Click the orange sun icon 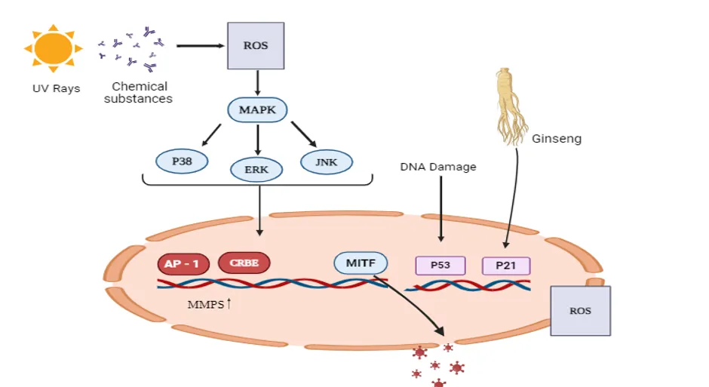click(54, 48)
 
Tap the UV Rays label click(56, 88)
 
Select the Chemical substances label click(138, 93)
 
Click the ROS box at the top click(256, 46)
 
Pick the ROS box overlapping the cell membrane click(581, 311)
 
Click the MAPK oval click(257, 110)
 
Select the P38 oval click(182, 161)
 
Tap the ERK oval click(256, 170)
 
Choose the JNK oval click(327, 162)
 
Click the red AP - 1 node click(183, 264)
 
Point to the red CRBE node click(244, 263)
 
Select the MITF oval click(361, 263)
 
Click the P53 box click(440, 266)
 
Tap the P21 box click(506, 266)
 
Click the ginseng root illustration click(511, 106)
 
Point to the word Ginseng click(557, 139)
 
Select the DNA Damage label click(438, 167)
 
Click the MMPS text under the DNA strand click(206, 305)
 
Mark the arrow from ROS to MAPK click(257, 83)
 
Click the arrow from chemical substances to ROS click(201, 46)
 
